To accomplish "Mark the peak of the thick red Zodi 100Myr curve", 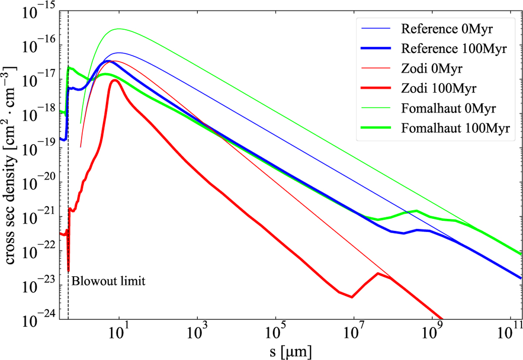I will click(114, 80).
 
